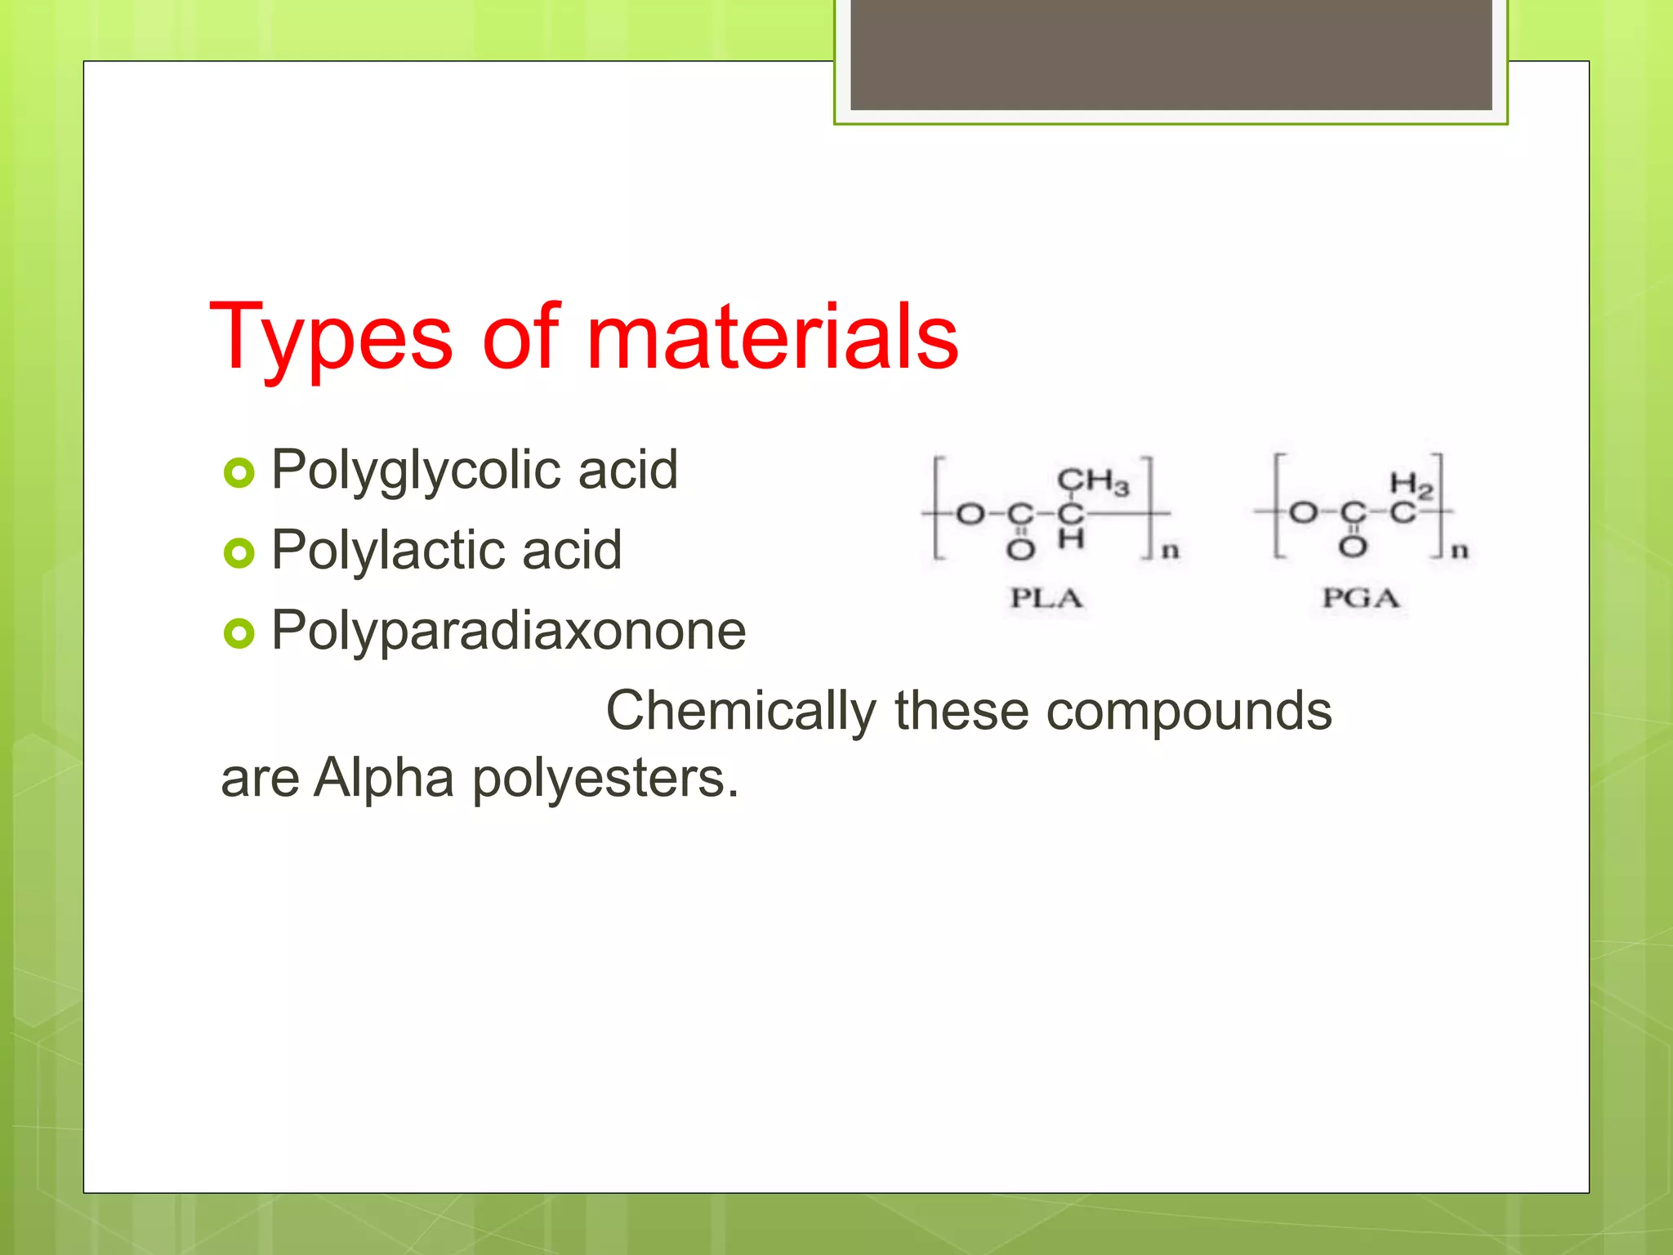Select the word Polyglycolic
(416, 471)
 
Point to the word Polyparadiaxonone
(508, 631)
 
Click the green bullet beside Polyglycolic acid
(239, 473)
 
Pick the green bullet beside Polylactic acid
(239, 553)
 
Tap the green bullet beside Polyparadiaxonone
(239, 633)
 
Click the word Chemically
(740, 711)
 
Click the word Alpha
(384, 778)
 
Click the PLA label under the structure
(1046, 598)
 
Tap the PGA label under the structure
(1361, 598)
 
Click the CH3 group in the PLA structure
(1093, 482)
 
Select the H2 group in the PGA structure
(1411, 485)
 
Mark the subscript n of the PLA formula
(1171, 551)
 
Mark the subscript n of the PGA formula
(1460, 551)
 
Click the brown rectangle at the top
(1171, 54)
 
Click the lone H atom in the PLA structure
(1071, 539)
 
